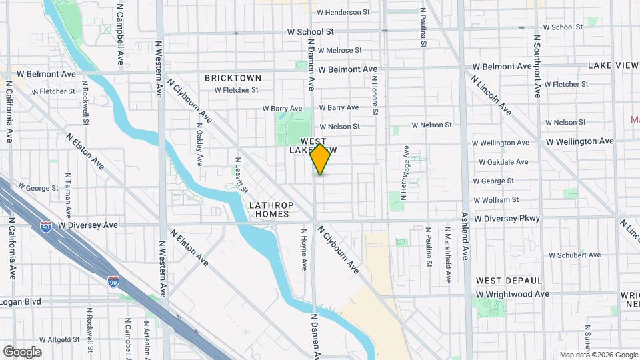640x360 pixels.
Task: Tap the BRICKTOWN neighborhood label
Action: click(233, 78)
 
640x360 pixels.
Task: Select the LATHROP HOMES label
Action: click(269, 209)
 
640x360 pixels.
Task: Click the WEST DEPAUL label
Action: click(509, 281)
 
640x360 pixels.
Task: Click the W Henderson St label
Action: click(343, 12)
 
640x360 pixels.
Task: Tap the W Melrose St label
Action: click(340, 50)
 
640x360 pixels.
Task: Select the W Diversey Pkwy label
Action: click(507, 219)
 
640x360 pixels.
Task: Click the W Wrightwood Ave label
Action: click(512, 294)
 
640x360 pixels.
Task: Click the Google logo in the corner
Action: click(21, 352)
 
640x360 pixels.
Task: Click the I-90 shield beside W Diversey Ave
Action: click(46, 227)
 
